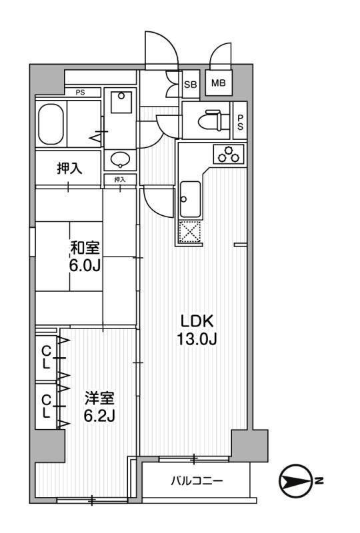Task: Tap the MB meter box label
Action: pyautogui.click(x=217, y=83)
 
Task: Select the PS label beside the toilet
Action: pyautogui.click(x=240, y=121)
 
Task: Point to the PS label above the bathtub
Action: pyautogui.click(x=79, y=93)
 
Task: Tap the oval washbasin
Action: pyautogui.click(x=121, y=159)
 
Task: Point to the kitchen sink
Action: pyautogui.click(x=189, y=198)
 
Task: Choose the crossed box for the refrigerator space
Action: pyautogui.click(x=189, y=233)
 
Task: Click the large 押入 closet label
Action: pyautogui.click(x=69, y=168)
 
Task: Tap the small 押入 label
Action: pyautogui.click(x=120, y=179)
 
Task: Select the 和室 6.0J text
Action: pyautogui.click(x=85, y=256)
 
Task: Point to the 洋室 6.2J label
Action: pyautogui.click(x=99, y=407)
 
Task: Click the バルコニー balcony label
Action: pyautogui.click(x=197, y=480)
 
